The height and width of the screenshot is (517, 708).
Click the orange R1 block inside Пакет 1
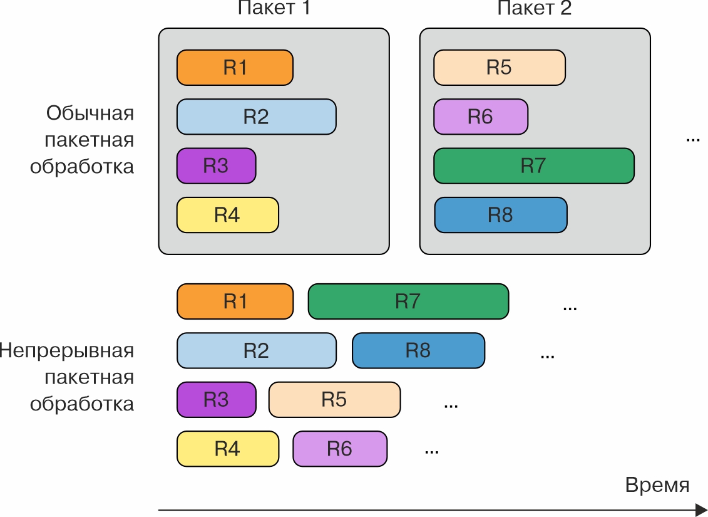(x=235, y=68)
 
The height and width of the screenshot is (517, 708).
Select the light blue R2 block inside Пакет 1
(x=256, y=117)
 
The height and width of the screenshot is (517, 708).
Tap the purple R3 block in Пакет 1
(x=216, y=166)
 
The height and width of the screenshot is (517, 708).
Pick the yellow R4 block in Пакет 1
(x=227, y=215)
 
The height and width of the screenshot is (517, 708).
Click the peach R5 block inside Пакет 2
(x=499, y=68)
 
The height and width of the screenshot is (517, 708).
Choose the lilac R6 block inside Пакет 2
(x=480, y=117)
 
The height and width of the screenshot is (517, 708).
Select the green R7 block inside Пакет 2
(x=533, y=166)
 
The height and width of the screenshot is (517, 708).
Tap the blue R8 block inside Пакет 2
(x=500, y=215)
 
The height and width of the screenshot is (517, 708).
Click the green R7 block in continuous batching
(x=408, y=301)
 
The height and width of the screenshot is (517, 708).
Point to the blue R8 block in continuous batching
(x=418, y=350)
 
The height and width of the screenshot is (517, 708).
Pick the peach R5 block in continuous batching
(x=334, y=399)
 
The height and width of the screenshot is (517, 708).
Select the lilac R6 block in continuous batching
(x=339, y=449)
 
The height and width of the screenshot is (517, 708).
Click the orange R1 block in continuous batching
(x=235, y=301)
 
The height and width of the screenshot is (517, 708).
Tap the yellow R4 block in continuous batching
(x=227, y=449)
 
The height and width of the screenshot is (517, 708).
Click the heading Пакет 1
(x=274, y=8)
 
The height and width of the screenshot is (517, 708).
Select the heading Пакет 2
(x=534, y=8)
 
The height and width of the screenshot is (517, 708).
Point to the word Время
(x=657, y=485)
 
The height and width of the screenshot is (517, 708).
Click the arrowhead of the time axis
(x=701, y=509)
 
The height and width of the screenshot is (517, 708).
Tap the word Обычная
(x=90, y=113)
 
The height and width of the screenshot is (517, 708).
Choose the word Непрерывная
(x=66, y=350)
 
